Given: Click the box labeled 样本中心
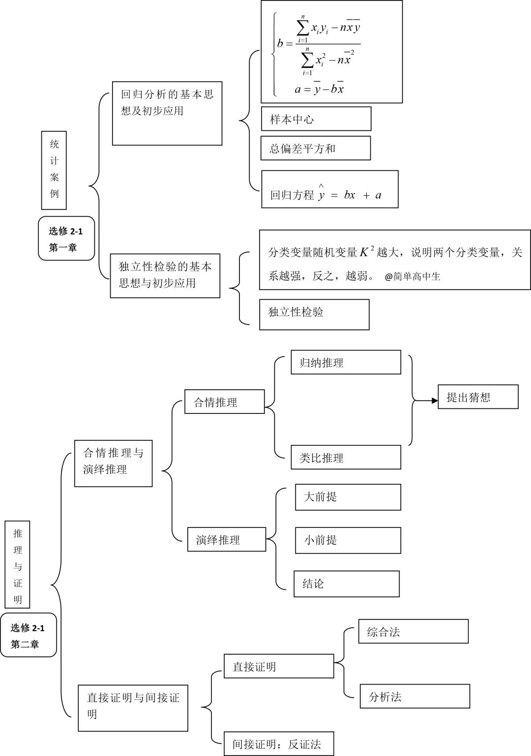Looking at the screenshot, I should (x=316, y=119).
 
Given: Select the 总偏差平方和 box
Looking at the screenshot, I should (x=315, y=148).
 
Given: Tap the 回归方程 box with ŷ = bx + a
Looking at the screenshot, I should (x=329, y=190).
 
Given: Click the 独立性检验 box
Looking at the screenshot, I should (x=314, y=315).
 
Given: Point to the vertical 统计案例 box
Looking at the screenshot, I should (x=54, y=170).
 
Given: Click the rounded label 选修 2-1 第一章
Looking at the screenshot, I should (x=66, y=238).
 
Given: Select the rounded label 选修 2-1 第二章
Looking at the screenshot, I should (x=28, y=635).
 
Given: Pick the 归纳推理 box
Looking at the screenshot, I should (x=346, y=362).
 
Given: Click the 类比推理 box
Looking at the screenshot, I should (x=346, y=457).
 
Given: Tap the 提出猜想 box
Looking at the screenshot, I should (x=478, y=397).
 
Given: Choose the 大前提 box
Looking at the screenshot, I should (x=348, y=497).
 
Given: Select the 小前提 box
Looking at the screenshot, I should (x=348, y=540).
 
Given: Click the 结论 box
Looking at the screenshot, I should (x=346, y=583).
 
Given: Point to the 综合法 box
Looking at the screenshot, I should (x=413, y=631).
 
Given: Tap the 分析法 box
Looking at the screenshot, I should (x=414, y=696).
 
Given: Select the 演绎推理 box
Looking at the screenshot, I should (x=226, y=540).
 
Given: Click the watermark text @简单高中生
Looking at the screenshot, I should (x=413, y=277).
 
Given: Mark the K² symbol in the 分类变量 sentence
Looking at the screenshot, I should (x=366, y=252).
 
